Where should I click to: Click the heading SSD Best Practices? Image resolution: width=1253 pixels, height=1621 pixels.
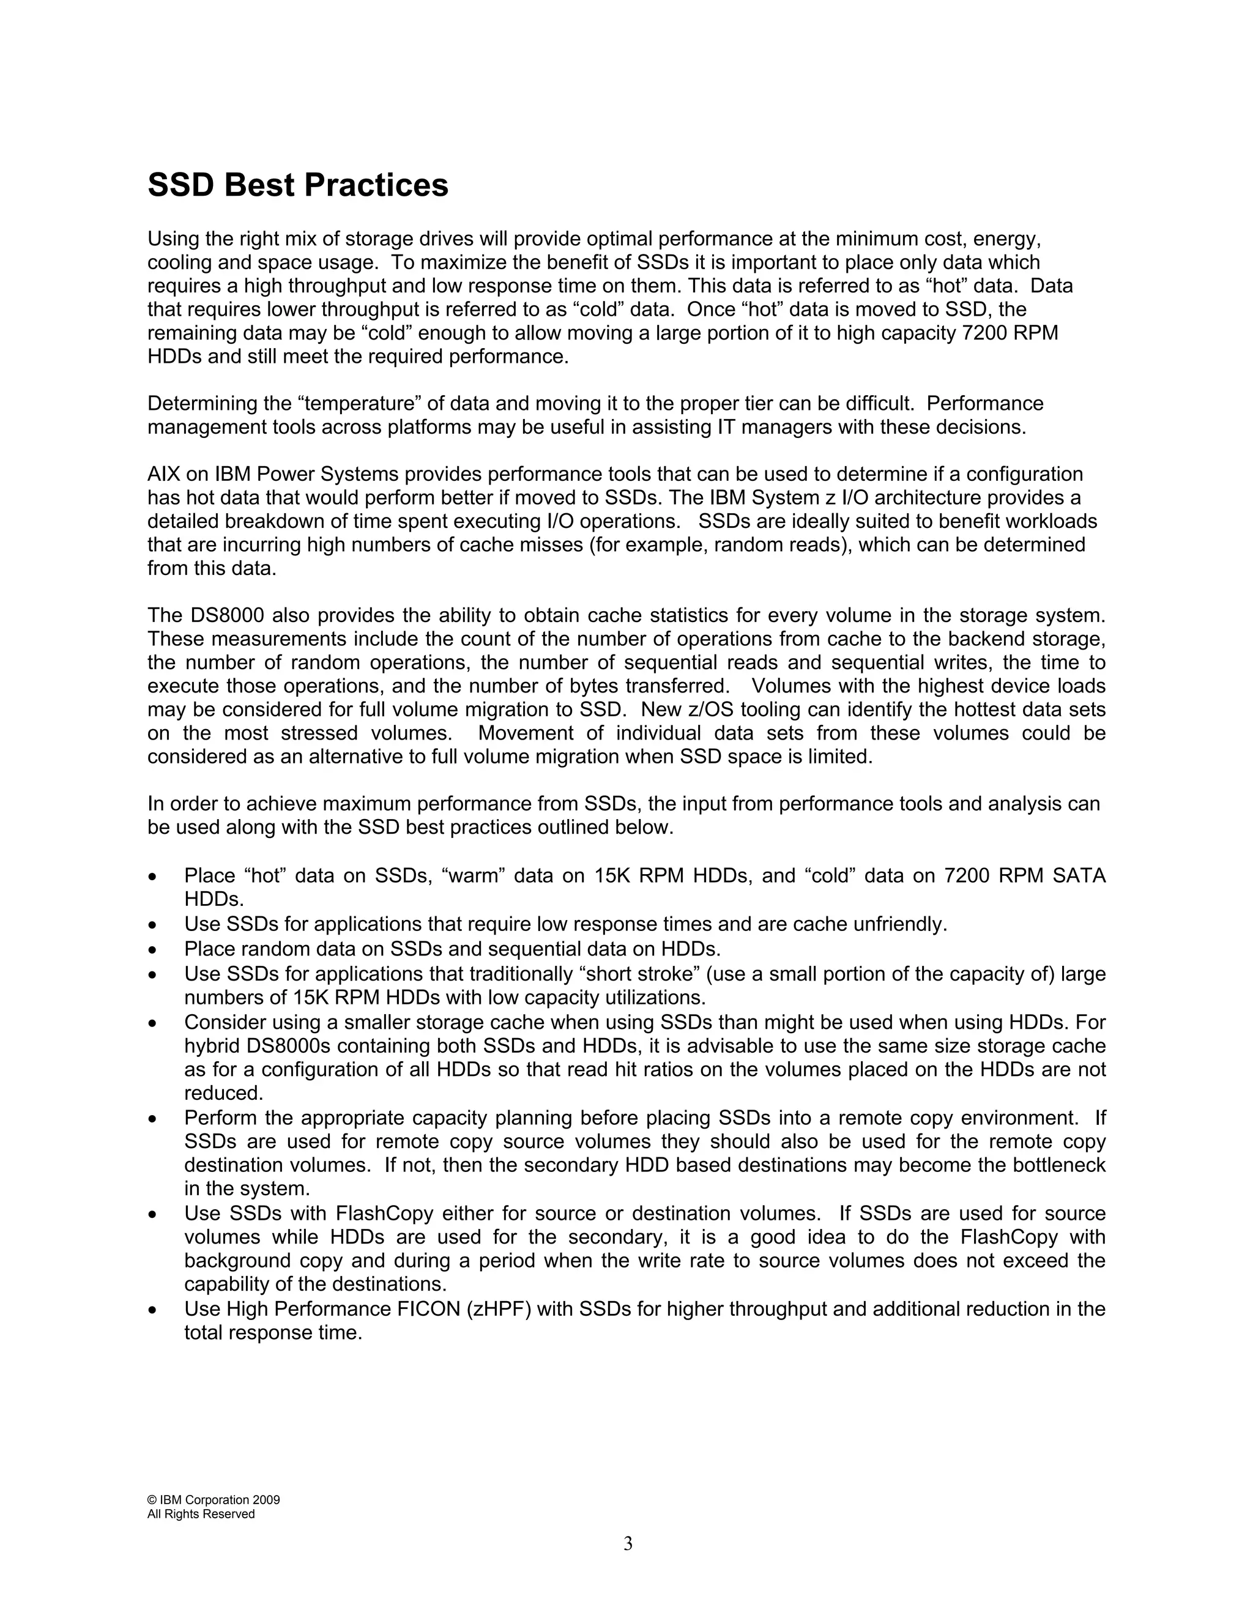pyautogui.click(x=298, y=185)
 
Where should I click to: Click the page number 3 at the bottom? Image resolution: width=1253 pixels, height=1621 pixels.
pyautogui.click(x=628, y=1544)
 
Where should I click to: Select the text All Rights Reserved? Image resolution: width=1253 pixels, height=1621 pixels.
pyautogui.click(x=201, y=1514)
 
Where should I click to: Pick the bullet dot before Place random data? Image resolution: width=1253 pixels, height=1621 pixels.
pyautogui.click(x=152, y=950)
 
